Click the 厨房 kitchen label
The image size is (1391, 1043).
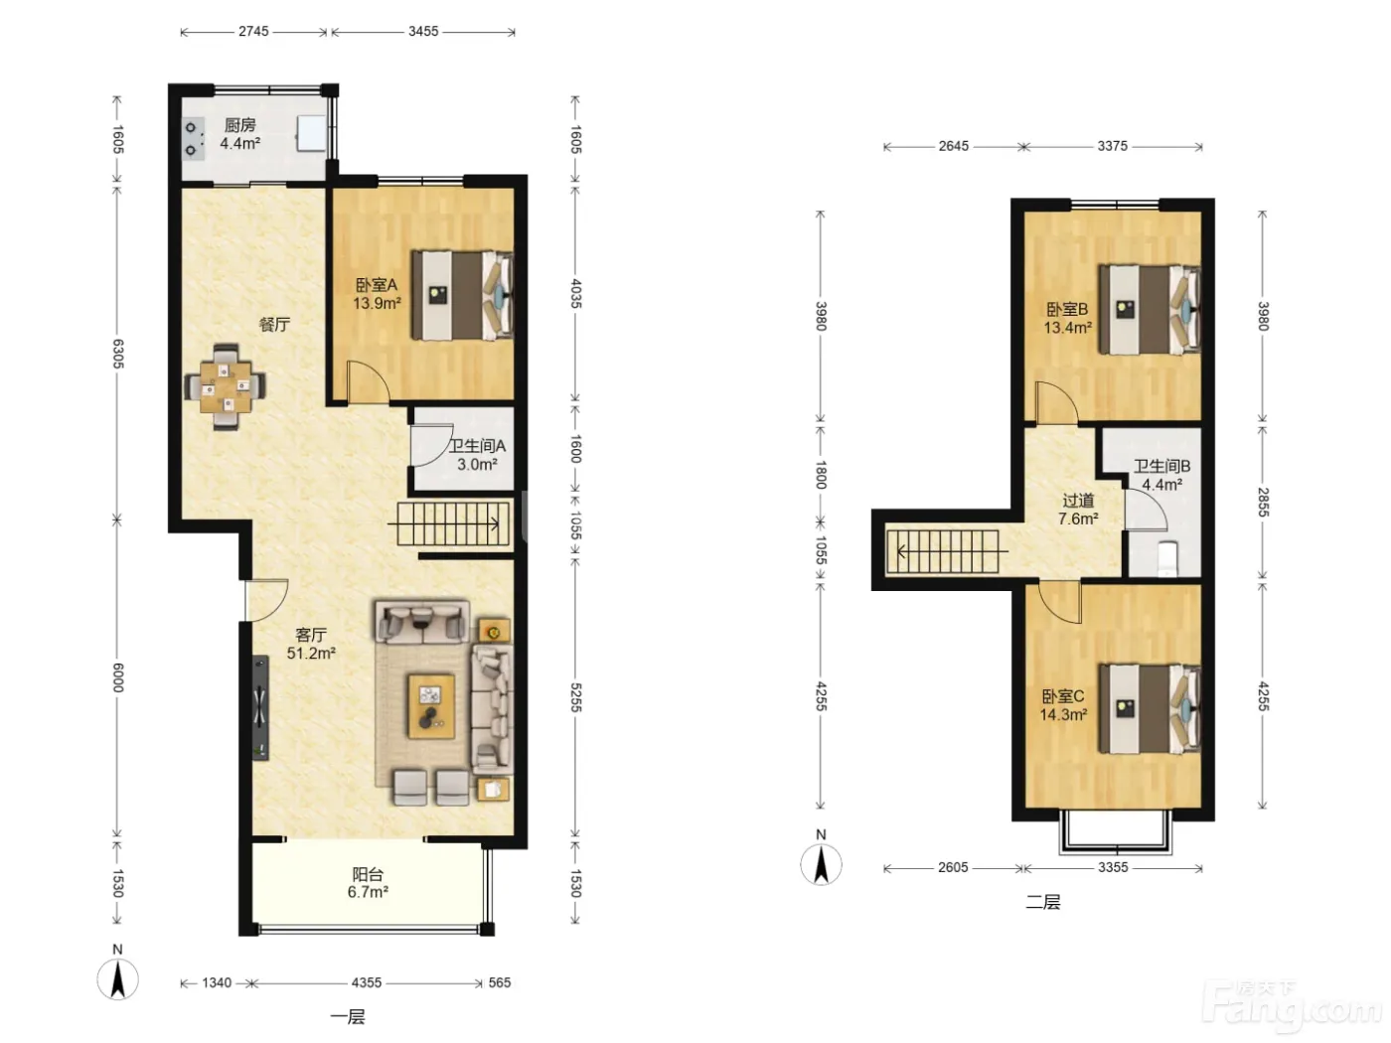pyautogui.click(x=240, y=125)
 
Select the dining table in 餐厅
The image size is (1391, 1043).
pyautogui.click(x=225, y=386)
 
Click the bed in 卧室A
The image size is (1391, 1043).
pyautogui.click(x=462, y=295)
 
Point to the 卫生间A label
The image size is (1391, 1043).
pyautogui.click(x=477, y=446)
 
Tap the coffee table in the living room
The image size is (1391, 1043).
pyautogui.click(x=431, y=706)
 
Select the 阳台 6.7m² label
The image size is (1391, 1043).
pyautogui.click(x=368, y=883)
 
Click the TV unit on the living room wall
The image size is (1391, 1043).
pyautogui.click(x=260, y=707)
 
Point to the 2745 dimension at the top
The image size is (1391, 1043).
pyautogui.click(x=253, y=31)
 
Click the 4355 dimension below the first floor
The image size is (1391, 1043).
pyautogui.click(x=367, y=982)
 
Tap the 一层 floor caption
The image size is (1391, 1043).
pyautogui.click(x=348, y=1016)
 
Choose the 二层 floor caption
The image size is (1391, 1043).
pyautogui.click(x=1042, y=901)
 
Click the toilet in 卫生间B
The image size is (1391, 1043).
pyautogui.click(x=1167, y=558)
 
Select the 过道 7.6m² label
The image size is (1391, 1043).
pyautogui.click(x=1078, y=510)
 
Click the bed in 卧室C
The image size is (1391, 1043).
pyautogui.click(x=1150, y=708)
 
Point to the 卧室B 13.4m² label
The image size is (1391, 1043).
pyautogui.click(x=1067, y=319)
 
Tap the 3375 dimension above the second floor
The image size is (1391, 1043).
pyautogui.click(x=1112, y=146)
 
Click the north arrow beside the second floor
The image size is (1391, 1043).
pyautogui.click(x=821, y=864)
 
